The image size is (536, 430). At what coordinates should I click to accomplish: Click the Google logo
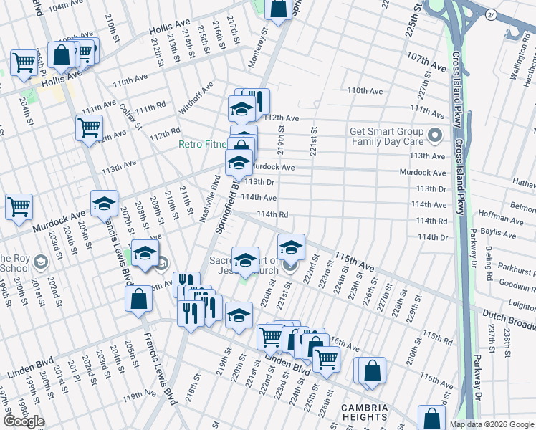click(24, 421)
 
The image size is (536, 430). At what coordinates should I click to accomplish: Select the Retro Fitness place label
click(202, 144)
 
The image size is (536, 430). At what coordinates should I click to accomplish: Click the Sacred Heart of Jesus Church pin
click(289, 267)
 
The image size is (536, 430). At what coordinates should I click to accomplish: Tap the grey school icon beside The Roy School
click(41, 262)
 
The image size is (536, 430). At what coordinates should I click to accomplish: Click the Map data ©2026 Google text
click(492, 424)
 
